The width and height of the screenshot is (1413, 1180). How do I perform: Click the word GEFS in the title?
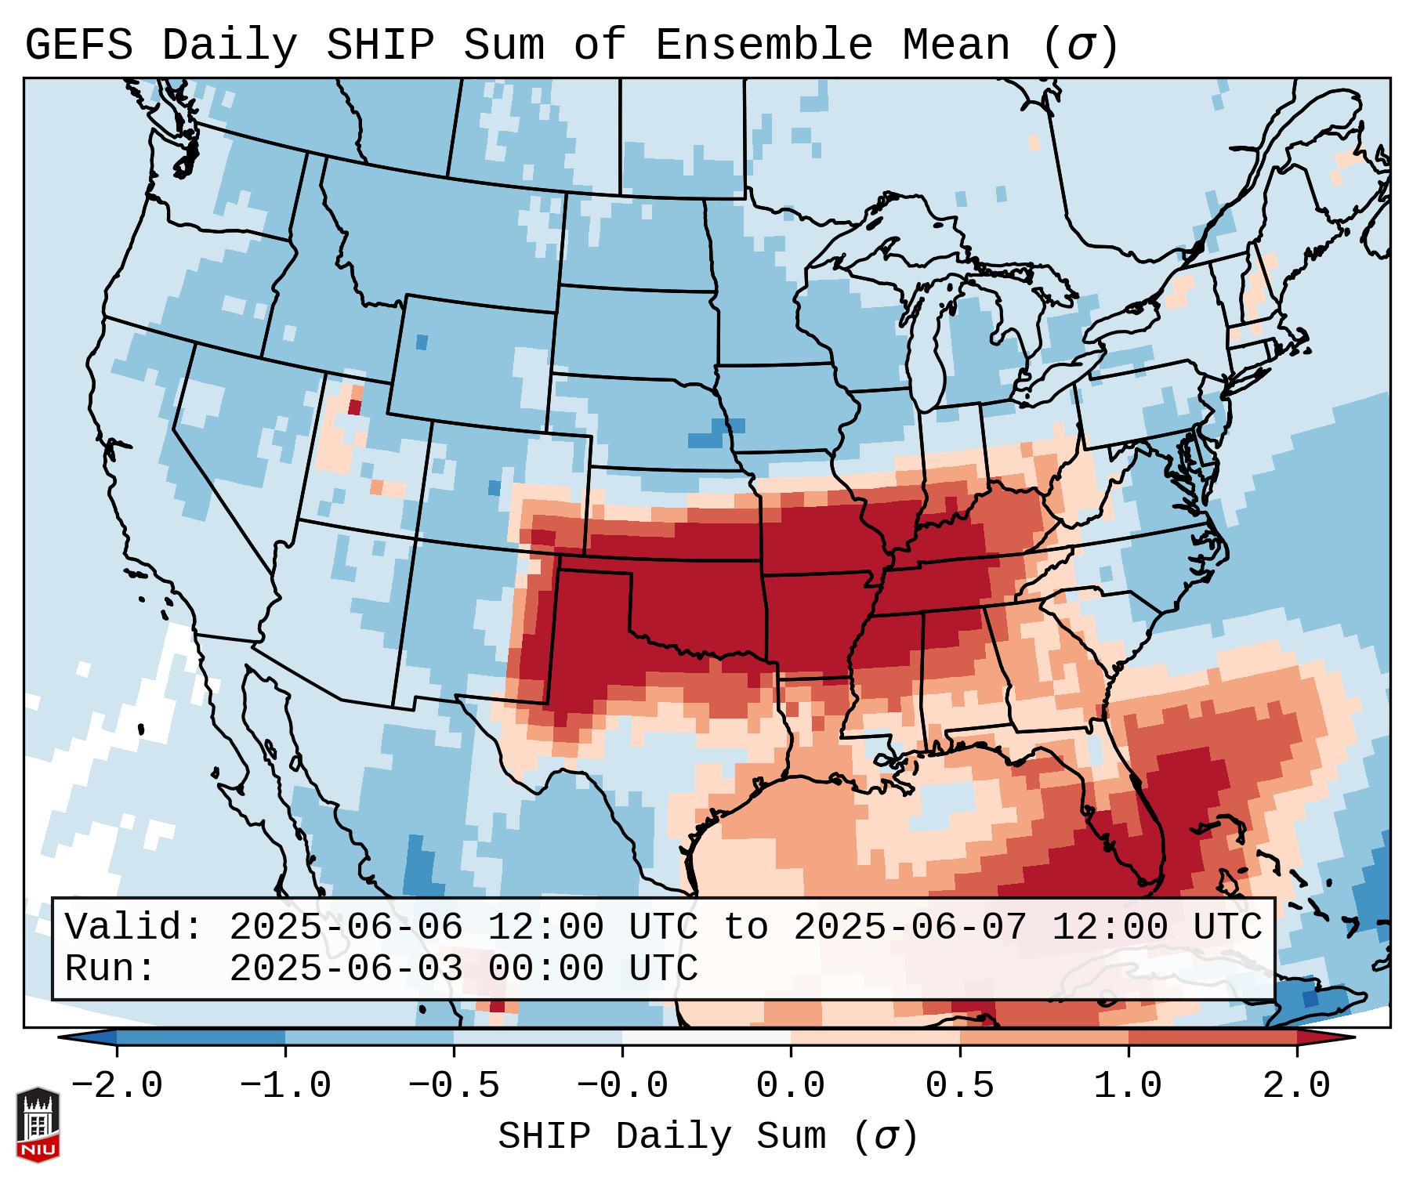[x=78, y=45]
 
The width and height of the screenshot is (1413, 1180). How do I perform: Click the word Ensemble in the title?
[x=763, y=45]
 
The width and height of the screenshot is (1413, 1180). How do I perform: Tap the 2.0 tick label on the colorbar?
[x=1296, y=1086]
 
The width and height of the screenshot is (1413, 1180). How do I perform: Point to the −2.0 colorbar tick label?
[x=117, y=1086]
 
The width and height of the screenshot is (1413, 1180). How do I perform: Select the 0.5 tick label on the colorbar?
[x=959, y=1086]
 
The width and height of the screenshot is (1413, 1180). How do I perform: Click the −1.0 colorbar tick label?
[x=285, y=1086]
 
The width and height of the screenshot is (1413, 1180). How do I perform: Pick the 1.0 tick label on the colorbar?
[x=1128, y=1086]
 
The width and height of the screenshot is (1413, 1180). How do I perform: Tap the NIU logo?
[x=38, y=1124]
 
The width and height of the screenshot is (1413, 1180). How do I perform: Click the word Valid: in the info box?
[x=134, y=927]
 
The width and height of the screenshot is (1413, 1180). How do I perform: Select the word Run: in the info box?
[x=111, y=969]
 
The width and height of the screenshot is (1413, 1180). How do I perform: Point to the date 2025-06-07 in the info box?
[x=911, y=927]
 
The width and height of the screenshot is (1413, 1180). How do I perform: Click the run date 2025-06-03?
[x=346, y=969]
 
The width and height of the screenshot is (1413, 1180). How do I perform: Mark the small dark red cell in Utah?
[x=354, y=407]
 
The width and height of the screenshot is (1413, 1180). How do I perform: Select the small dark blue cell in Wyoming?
[x=422, y=342]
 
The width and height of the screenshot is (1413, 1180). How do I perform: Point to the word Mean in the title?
[x=956, y=45]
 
